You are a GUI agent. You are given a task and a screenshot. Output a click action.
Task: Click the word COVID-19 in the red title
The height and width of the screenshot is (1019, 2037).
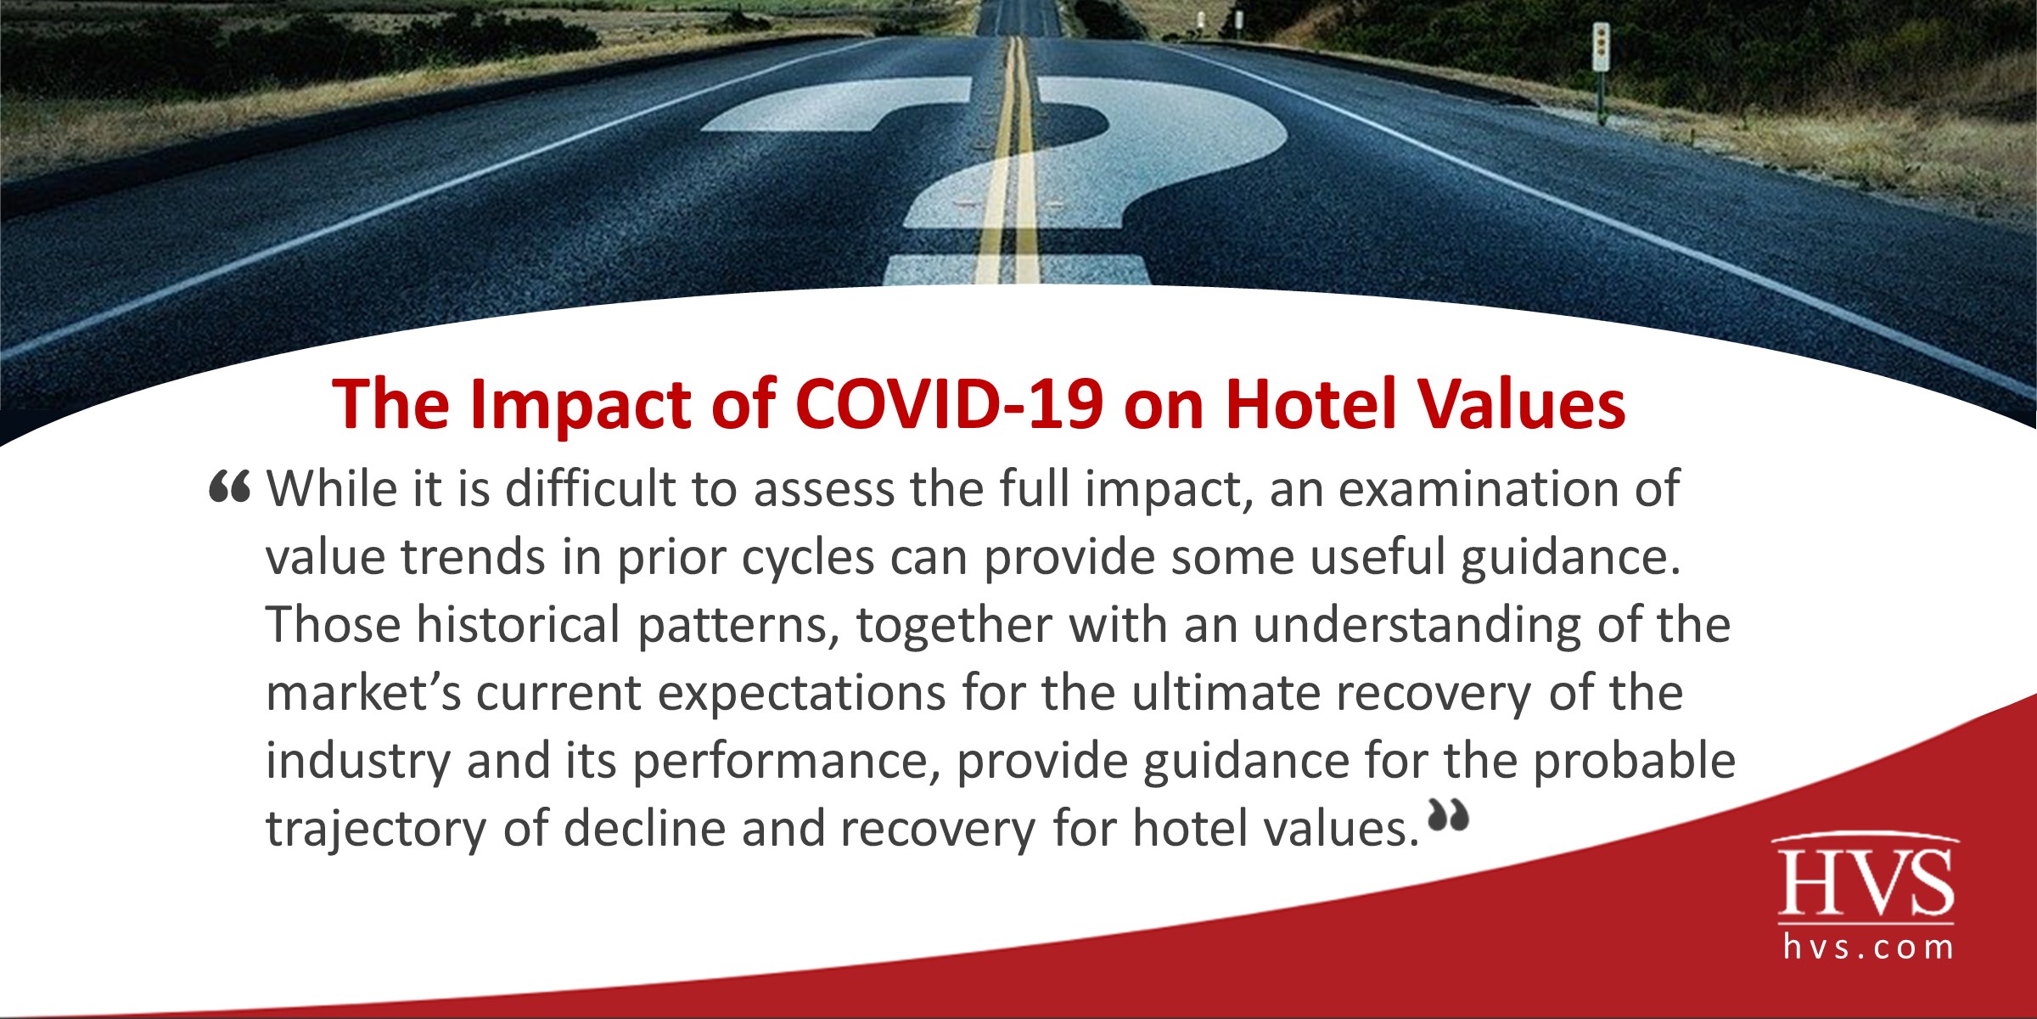(x=948, y=404)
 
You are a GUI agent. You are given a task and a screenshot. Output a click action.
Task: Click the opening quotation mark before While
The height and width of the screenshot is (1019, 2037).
(x=229, y=487)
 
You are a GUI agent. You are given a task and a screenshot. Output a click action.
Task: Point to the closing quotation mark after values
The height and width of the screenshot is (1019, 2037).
(x=1448, y=815)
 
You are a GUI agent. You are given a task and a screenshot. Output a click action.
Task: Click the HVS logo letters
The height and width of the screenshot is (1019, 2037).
(x=1866, y=883)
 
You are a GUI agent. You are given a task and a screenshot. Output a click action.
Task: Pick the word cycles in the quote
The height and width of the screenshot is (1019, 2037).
(x=807, y=557)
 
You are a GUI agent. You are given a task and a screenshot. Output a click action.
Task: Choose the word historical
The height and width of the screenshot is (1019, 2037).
(x=518, y=625)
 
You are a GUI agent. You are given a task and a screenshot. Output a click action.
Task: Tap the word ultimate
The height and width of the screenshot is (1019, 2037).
(x=1225, y=693)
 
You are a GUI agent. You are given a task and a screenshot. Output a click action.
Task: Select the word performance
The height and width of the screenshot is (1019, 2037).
(x=781, y=763)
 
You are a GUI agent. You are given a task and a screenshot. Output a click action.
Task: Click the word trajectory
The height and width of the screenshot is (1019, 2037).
(x=376, y=830)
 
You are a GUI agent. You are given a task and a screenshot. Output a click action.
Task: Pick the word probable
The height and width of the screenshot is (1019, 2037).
(x=1634, y=761)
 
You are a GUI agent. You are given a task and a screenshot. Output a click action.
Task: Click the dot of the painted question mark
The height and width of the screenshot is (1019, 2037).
(x=1016, y=269)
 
